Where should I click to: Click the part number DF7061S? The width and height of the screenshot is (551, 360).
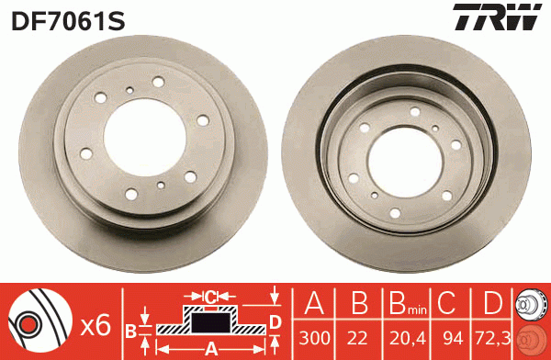[68, 21]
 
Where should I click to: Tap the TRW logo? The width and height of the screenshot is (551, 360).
[497, 17]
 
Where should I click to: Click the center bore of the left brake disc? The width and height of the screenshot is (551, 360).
[145, 137]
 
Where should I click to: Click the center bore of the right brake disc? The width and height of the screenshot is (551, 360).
[405, 162]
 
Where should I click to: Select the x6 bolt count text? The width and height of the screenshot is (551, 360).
[96, 325]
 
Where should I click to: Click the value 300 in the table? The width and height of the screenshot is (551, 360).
[314, 338]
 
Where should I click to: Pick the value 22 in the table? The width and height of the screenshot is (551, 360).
[357, 338]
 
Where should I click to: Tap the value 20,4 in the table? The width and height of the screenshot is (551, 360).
[408, 339]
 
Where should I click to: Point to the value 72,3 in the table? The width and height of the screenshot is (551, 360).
[492, 339]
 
